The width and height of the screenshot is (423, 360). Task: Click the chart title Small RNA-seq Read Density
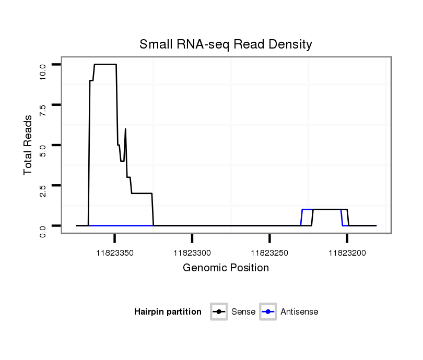(x=226, y=44)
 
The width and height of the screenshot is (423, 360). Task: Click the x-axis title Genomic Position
(x=226, y=268)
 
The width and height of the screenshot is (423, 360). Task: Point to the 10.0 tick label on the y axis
(x=43, y=69)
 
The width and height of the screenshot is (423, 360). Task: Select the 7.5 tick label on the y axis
(x=43, y=109)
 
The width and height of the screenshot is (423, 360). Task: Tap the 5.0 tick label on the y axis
(x=43, y=150)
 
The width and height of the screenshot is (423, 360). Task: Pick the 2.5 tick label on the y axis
(x=43, y=190)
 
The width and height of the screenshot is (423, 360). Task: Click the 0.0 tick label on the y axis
(x=43, y=230)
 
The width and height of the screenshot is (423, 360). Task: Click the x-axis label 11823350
(x=114, y=253)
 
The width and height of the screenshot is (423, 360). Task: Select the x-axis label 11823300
(x=192, y=253)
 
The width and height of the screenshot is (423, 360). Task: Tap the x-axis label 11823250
(x=269, y=253)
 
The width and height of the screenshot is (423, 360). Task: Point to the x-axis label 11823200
(x=347, y=253)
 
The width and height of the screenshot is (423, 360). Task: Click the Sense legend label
(x=243, y=312)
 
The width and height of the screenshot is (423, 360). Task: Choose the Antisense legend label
(x=299, y=312)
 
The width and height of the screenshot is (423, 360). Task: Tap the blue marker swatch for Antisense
(x=267, y=312)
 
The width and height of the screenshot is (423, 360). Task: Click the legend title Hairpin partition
(x=168, y=312)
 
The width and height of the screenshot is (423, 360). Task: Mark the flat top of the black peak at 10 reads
(x=105, y=64)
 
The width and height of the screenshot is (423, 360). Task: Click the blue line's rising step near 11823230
(x=301, y=217)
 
